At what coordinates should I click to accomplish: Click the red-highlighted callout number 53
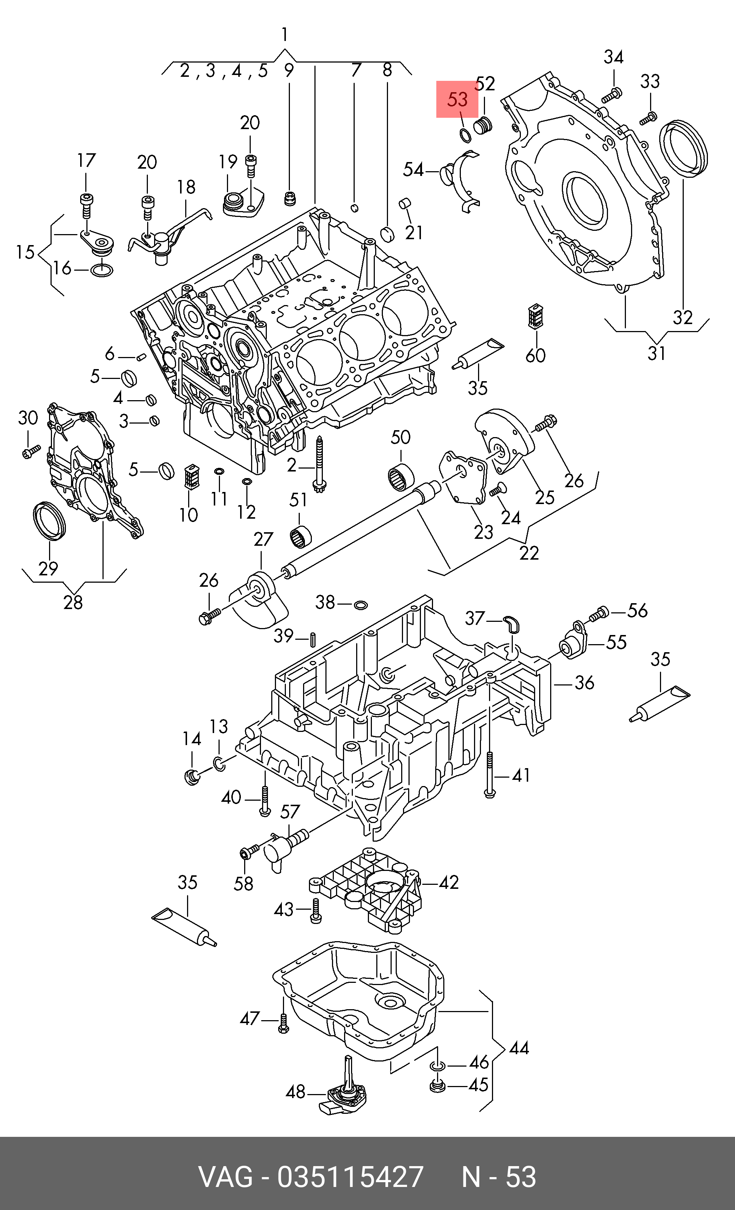click(x=457, y=100)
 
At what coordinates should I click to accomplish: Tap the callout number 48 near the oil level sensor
click(x=296, y=1091)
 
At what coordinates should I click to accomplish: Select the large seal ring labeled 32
click(x=684, y=146)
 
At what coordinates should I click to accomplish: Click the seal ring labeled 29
click(x=49, y=521)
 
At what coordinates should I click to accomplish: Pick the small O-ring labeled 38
click(x=360, y=605)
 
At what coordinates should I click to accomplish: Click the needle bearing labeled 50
click(x=401, y=477)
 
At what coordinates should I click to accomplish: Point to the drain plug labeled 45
click(x=437, y=1085)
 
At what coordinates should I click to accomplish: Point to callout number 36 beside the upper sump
click(x=584, y=682)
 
